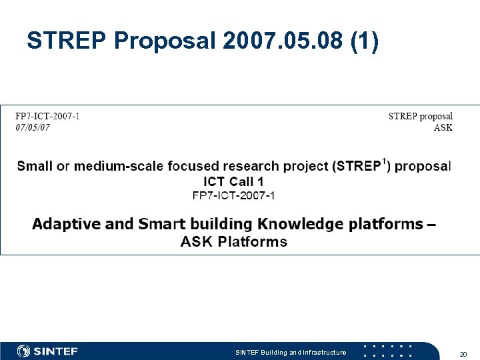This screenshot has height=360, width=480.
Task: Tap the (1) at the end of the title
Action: (365, 41)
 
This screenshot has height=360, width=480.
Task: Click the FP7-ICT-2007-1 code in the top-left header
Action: (48, 117)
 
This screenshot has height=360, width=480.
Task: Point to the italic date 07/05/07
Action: (33, 128)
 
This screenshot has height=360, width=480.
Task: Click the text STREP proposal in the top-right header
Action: (420, 117)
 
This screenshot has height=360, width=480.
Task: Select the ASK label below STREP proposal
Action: (443, 128)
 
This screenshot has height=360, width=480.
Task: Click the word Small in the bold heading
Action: (35, 166)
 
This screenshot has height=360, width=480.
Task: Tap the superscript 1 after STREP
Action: (384, 161)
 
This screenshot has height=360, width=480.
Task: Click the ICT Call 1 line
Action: (233, 181)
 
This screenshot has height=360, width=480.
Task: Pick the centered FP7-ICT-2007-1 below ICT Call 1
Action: (233, 195)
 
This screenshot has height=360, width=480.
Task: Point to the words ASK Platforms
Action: (233, 241)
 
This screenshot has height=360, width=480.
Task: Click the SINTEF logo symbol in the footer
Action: (24, 351)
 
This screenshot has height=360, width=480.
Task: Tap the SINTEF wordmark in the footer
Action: (56, 351)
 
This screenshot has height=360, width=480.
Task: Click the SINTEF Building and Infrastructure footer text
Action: (291, 352)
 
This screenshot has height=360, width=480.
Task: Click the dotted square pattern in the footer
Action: (387, 351)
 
